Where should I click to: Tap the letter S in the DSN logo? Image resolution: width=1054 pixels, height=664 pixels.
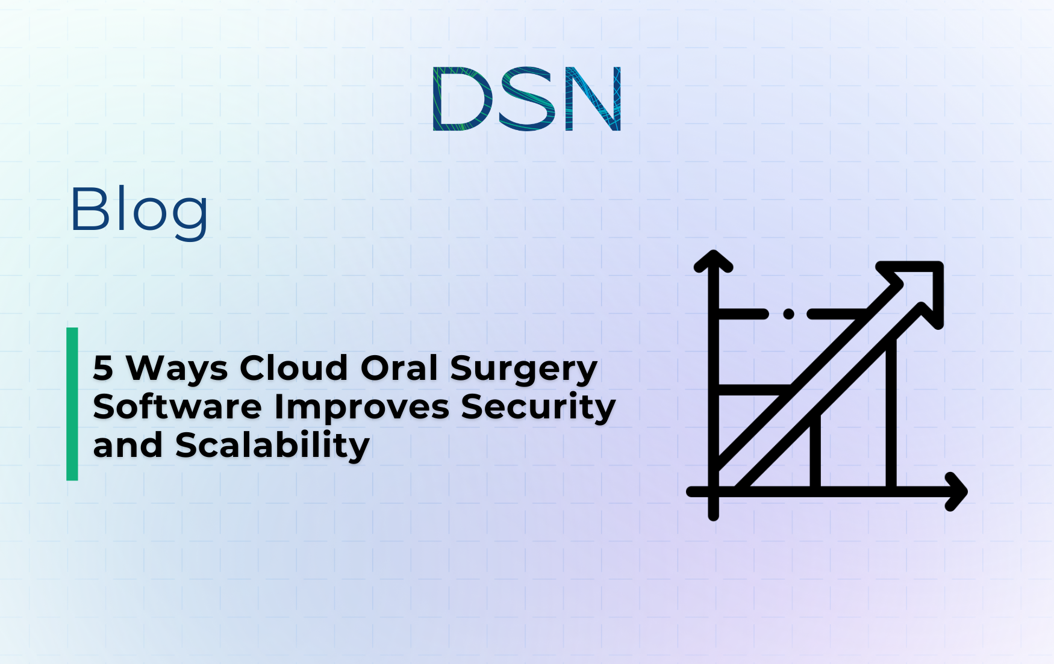click(x=526, y=99)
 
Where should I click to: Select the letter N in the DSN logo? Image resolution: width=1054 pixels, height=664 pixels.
click(x=593, y=99)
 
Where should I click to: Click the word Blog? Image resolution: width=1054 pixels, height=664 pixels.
click(x=139, y=211)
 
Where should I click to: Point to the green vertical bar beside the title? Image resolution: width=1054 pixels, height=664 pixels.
click(x=72, y=404)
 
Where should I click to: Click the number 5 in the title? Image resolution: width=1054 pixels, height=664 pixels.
click(x=103, y=368)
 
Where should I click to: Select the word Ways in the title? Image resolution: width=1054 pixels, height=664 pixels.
click(x=176, y=369)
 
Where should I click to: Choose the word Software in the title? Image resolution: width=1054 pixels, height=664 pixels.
click(x=177, y=407)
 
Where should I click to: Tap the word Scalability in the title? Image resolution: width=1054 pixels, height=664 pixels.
click(x=272, y=446)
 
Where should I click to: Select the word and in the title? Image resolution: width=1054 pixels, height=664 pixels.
click(x=128, y=446)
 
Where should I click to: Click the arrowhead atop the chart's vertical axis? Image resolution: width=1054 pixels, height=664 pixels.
click(x=713, y=261)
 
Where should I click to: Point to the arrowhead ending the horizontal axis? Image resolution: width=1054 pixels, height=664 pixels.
click(x=956, y=492)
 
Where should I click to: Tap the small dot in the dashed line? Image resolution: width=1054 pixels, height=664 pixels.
click(x=788, y=314)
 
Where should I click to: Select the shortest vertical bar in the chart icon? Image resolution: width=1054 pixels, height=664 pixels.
click(x=815, y=451)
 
